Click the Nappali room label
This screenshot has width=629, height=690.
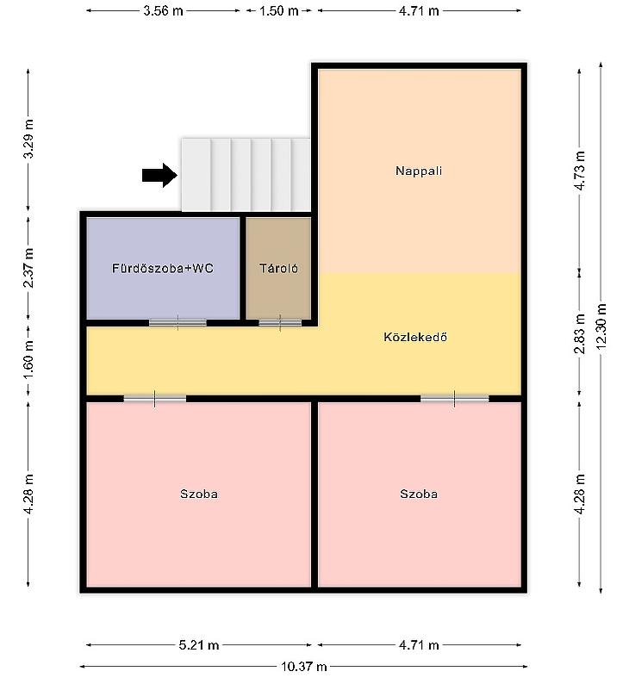pyautogui.click(x=419, y=171)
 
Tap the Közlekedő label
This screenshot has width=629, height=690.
pyautogui.click(x=415, y=337)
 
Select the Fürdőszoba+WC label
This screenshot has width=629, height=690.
pyautogui.click(x=163, y=268)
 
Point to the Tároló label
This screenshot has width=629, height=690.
pyautogui.click(x=278, y=268)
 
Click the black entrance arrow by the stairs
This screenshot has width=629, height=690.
pyautogui.click(x=159, y=175)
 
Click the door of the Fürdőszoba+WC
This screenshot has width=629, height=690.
pyautogui.click(x=177, y=322)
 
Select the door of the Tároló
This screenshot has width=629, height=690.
pyautogui.click(x=280, y=322)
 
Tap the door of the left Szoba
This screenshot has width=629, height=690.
pyautogui.click(x=154, y=399)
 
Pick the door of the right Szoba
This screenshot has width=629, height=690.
pyautogui.click(x=455, y=399)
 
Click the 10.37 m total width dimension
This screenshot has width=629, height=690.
pyautogui.click(x=303, y=667)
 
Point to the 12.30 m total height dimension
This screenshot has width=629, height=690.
pyautogui.click(x=601, y=327)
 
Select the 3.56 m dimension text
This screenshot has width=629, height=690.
pyautogui.click(x=163, y=10)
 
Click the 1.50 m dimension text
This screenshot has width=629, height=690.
pyautogui.click(x=278, y=10)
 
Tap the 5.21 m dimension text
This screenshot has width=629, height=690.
pyautogui.click(x=199, y=645)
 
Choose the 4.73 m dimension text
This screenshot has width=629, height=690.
pyautogui.click(x=580, y=171)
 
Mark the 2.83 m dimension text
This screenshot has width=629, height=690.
pyautogui.click(x=580, y=334)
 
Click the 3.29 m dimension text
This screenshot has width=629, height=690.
pyautogui.click(x=28, y=139)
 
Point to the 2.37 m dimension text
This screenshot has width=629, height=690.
pyautogui.click(x=28, y=268)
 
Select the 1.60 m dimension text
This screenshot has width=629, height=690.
pyautogui.click(x=28, y=359)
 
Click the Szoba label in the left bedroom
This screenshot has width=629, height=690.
pyautogui.click(x=199, y=494)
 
